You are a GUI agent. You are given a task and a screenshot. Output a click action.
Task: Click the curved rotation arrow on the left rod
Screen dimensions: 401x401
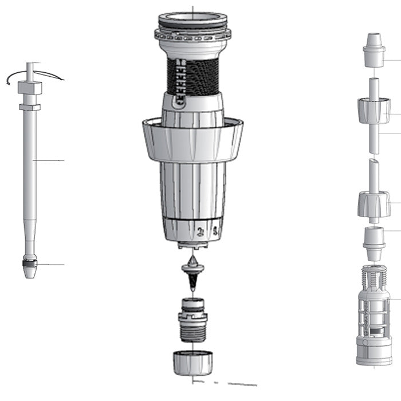(40, 74)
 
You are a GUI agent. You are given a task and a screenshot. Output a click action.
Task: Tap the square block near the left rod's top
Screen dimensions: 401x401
(30, 88)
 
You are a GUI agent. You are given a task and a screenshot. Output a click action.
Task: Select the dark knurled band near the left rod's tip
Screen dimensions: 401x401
(30, 265)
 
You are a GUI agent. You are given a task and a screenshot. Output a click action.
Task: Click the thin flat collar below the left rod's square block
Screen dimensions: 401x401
(30, 107)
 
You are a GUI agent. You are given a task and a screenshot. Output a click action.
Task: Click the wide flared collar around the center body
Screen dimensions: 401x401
(192, 140)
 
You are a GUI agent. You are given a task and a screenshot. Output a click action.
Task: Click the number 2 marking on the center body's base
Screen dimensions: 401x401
(200, 231)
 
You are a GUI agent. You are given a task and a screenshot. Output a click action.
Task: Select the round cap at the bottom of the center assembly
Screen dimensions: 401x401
(193, 362)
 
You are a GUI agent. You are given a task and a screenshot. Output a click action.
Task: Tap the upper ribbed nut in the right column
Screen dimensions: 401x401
(374, 111)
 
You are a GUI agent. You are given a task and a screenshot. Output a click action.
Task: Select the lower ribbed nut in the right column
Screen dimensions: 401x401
(374, 205)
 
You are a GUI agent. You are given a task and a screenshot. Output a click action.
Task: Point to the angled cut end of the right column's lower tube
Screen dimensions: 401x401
(373, 164)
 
